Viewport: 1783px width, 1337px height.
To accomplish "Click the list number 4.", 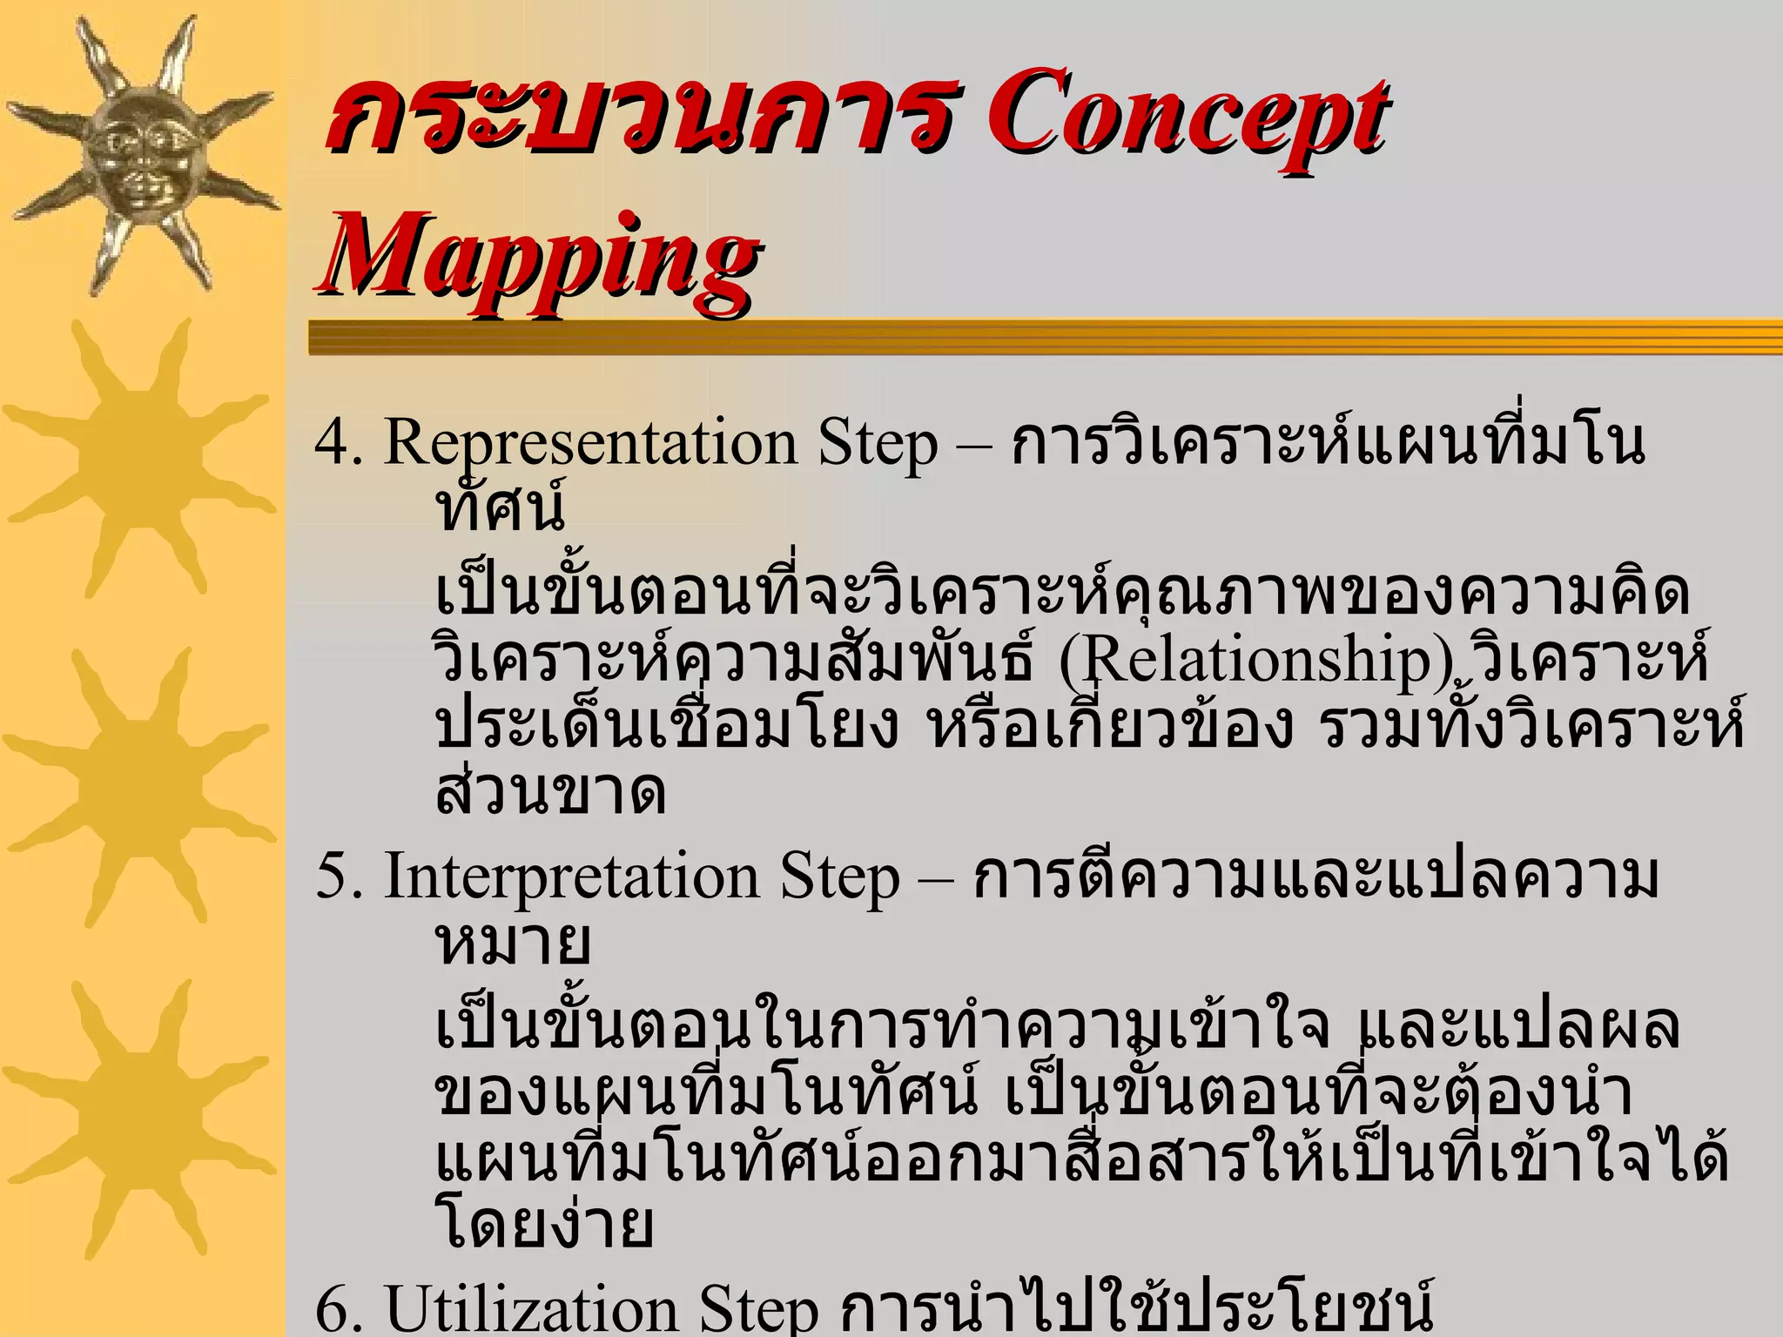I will coord(336,442).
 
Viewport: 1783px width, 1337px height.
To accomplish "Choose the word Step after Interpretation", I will coord(839,877).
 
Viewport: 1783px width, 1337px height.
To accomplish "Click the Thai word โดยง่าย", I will coord(543,1223).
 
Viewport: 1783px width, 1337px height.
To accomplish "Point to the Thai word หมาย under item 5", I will coord(514,942).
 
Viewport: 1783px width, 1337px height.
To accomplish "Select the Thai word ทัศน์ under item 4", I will coord(501,507).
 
